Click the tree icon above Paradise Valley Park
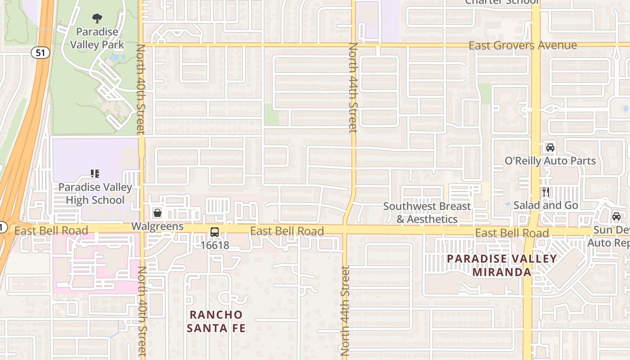(97, 18)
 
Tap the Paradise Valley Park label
(97, 38)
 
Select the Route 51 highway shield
(40, 53)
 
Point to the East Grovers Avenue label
(522, 45)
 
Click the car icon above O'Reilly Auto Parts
(550, 148)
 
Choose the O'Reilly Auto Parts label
(550, 161)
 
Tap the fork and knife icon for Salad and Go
(546, 192)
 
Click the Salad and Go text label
(545, 205)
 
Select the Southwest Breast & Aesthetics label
(427, 212)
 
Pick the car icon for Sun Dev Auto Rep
(616, 216)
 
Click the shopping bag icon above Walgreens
(157, 213)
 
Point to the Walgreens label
(157, 226)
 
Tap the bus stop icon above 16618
(215, 232)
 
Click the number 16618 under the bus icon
(215, 245)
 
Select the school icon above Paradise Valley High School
(95, 174)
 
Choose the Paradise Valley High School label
(95, 193)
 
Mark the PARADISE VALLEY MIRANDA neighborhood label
(501, 265)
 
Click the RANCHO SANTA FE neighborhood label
(216, 321)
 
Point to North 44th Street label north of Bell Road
(353, 88)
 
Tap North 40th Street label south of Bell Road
(142, 310)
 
